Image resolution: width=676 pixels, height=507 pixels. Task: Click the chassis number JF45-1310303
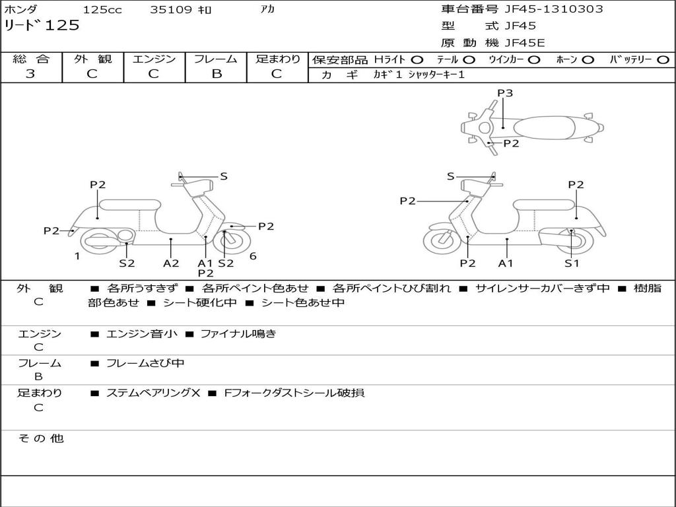click(x=554, y=9)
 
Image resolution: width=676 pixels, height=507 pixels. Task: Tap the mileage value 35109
click(x=171, y=10)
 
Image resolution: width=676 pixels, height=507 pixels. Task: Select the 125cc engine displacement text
click(x=98, y=10)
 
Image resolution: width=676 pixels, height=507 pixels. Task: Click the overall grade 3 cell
click(x=30, y=74)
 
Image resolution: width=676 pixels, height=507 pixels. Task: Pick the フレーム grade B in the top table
click(x=216, y=74)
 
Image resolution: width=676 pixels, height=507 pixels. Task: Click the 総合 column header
click(x=31, y=59)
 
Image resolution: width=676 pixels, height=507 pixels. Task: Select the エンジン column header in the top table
click(x=154, y=59)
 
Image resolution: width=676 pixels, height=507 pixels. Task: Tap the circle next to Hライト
click(x=417, y=59)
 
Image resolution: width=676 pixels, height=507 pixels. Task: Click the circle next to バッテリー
click(x=663, y=59)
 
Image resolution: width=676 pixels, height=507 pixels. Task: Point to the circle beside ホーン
click(x=588, y=59)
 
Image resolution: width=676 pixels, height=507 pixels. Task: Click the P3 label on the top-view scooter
click(x=505, y=93)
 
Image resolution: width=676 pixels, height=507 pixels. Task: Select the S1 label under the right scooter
click(x=572, y=263)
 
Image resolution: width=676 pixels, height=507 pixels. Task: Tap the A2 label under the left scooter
click(x=171, y=263)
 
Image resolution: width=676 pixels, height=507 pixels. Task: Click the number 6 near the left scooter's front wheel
click(x=253, y=256)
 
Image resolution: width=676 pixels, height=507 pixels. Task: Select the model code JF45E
click(x=525, y=43)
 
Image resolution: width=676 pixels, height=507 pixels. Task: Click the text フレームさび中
click(x=145, y=363)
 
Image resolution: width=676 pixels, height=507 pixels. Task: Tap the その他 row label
click(x=40, y=438)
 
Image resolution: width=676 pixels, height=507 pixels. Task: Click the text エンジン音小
click(x=142, y=334)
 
